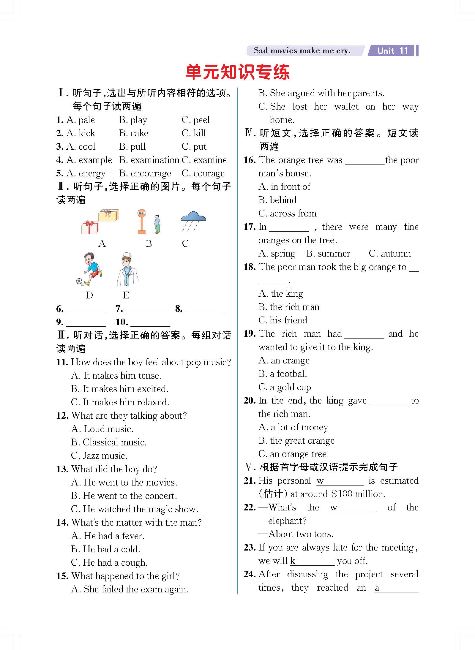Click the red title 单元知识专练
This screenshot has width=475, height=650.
[x=237, y=72]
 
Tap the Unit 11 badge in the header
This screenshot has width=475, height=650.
[x=392, y=50]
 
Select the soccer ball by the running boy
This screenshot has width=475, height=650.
[x=79, y=281]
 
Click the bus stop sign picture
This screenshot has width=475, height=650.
[x=142, y=221]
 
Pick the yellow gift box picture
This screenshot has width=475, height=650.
[x=108, y=215]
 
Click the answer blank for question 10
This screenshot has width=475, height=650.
[x=150, y=322]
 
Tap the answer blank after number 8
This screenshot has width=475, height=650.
[x=204, y=309]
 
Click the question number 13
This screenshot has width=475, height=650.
[x=62, y=469]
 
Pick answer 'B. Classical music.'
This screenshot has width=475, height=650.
[x=109, y=442]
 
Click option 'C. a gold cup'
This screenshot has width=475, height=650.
[x=285, y=387]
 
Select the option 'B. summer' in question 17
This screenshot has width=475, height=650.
[x=328, y=254]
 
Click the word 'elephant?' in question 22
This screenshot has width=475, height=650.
[x=287, y=521]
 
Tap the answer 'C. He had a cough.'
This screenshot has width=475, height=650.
[x=109, y=563]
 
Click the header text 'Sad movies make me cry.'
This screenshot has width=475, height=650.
[x=302, y=51]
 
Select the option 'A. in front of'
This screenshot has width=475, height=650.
[x=284, y=187]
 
